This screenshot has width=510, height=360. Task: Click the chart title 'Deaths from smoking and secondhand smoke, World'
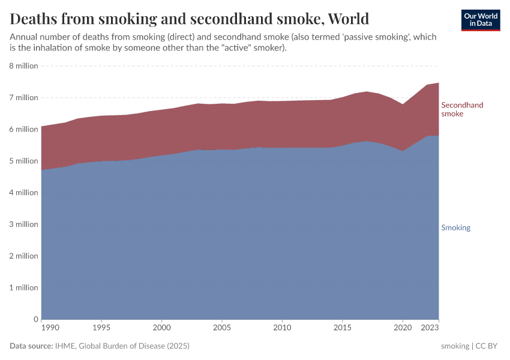click(189, 19)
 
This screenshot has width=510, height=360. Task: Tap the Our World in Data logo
click(481, 20)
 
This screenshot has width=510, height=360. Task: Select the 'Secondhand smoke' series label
click(462, 109)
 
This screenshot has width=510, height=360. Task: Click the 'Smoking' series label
click(455, 228)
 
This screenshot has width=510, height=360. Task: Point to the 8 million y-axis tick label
click(24, 66)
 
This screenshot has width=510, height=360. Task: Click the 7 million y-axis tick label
click(24, 98)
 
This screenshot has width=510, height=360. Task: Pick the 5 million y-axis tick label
click(24, 161)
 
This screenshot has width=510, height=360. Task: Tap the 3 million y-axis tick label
click(24, 224)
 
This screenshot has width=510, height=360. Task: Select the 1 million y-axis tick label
click(24, 288)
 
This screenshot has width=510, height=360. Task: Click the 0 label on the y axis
click(35, 319)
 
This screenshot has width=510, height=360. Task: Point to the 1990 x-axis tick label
click(50, 328)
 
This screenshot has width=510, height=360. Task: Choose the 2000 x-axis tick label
click(161, 328)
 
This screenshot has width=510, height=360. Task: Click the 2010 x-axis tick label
click(282, 328)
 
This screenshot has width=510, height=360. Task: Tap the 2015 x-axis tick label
click(342, 328)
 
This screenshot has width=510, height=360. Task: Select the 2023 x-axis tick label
click(430, 328)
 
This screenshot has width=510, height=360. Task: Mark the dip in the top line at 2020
click(403, 104)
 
